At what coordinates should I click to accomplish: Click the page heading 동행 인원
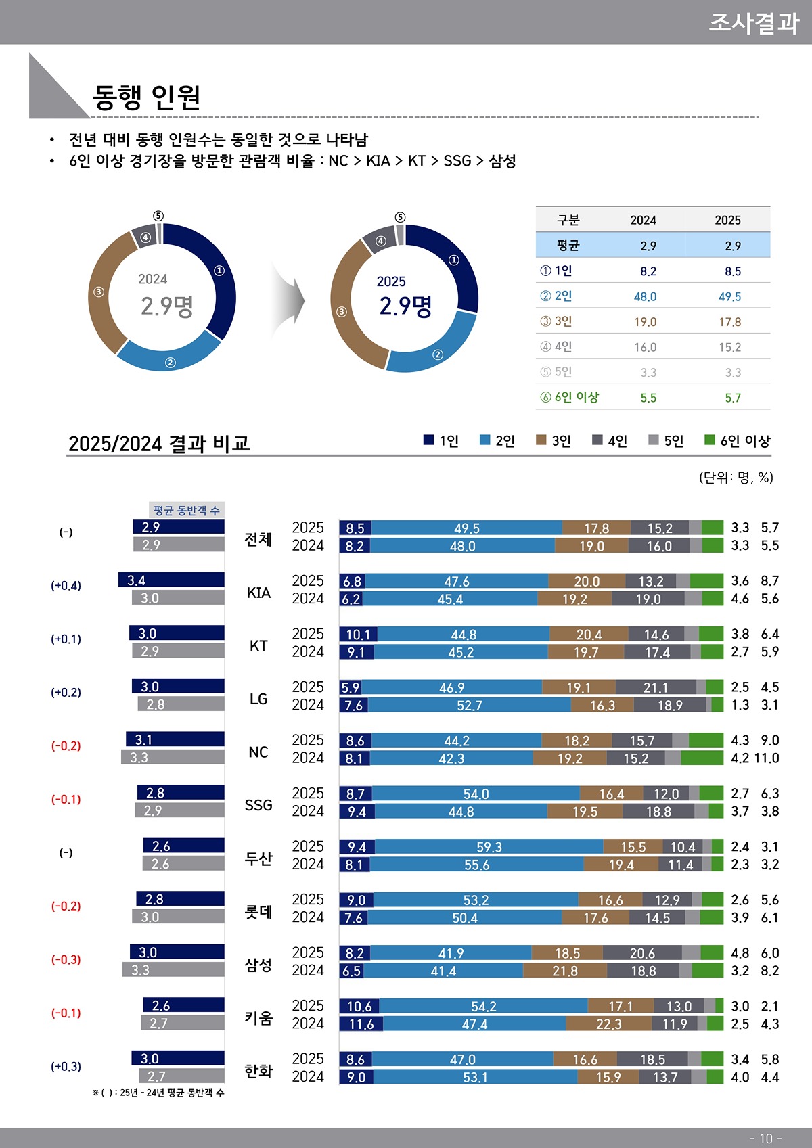[x=146, y=97]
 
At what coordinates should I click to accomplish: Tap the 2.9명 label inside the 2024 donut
[x=166, y=306]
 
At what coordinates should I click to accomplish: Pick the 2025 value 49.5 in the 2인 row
[x=729, y=297]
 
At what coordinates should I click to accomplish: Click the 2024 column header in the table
[x=643, y=221]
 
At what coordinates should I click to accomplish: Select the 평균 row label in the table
[x=568, y=246]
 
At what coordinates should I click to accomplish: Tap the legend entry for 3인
[x=554, y=441]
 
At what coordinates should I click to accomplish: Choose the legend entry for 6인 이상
[x=738, y=441]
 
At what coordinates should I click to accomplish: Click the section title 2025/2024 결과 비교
[x=159, y=444]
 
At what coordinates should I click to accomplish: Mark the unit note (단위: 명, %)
[x=736, y=478]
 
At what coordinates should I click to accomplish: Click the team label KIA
[x=258, y=593]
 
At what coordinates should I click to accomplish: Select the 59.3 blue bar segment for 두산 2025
[x=489, y=847]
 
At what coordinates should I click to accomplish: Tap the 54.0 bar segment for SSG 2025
[x=476, y=794]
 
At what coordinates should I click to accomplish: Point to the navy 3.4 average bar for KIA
[x=171, y=580]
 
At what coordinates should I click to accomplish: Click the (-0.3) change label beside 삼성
[x=66, y=960]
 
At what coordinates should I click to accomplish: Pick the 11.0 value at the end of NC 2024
[x=766, y=758]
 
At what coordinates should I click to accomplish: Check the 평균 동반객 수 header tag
[x=186, y=511]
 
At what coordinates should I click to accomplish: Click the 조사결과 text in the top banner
[x=753, y=23]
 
